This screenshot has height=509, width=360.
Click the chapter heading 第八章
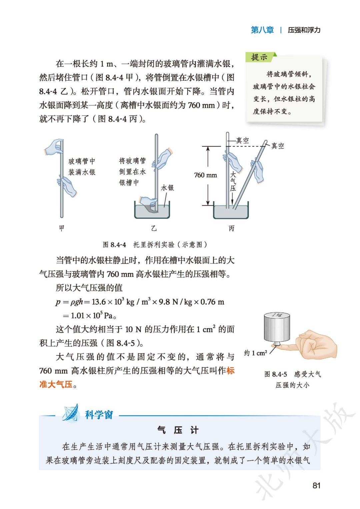pos(262,30)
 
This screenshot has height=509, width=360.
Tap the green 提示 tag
pos(259,57)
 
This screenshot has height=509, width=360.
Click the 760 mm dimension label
pos(205,175)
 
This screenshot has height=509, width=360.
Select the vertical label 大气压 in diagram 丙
pos(233,182)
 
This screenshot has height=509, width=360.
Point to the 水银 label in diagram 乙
pos(167,188)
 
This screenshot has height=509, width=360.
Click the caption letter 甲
pos(62,228)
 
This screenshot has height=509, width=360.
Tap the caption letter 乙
pos(154,228)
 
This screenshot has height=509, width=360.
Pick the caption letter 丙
pos(232,228)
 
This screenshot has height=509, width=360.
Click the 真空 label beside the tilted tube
pos(278,146)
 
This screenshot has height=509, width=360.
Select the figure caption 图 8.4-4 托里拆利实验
pos(155,245)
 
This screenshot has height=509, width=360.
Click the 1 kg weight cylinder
pos(277,327)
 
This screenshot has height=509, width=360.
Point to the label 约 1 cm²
pos(255,353)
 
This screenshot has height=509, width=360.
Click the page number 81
pos(317,486)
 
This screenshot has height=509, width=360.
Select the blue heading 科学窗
pos(99,415)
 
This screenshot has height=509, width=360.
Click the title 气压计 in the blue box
pos(178,430)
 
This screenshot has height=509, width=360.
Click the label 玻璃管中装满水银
pos(82,167)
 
